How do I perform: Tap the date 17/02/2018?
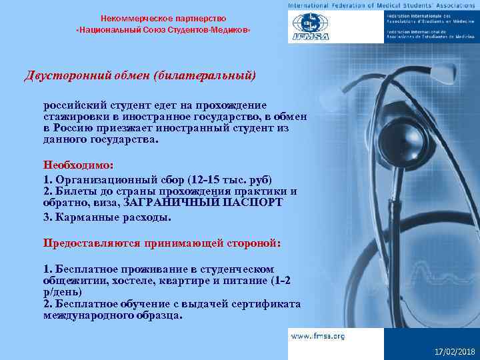[453, 351]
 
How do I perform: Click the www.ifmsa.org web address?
[317, 337]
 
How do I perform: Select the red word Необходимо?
[79, 164]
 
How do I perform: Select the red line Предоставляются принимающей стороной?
[162, 243]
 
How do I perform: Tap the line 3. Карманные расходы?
[107, 217]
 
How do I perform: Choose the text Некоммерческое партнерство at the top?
[163, 18]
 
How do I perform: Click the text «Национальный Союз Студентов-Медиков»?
[163, 31]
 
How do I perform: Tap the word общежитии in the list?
[75, 281]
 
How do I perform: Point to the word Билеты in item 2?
[71, 191]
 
